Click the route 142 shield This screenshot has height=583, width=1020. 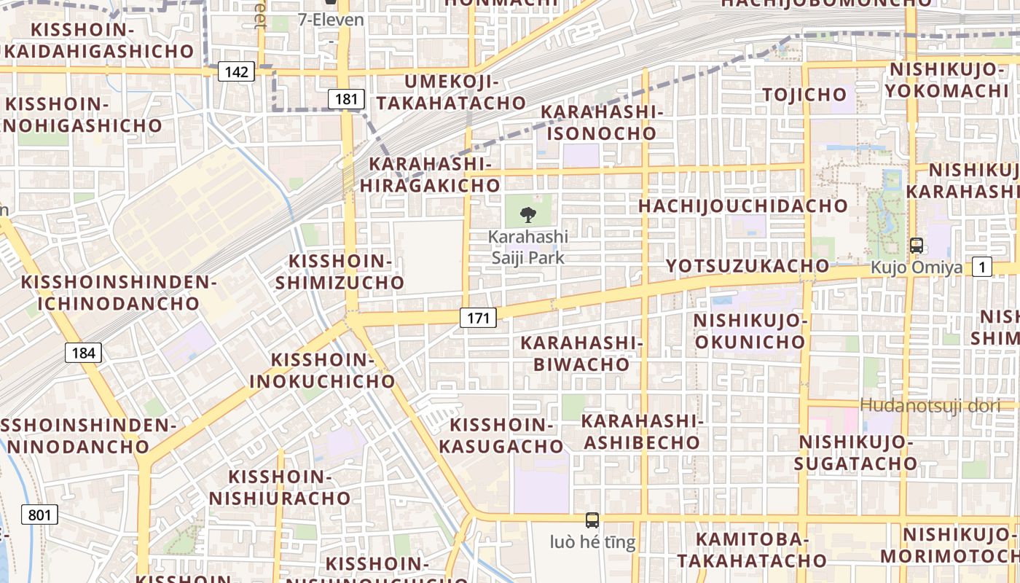(237, 71)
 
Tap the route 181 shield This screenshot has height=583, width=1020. (345, 99)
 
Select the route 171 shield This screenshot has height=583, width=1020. (478, 317)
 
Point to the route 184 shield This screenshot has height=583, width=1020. (84, 353)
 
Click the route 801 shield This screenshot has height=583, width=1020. (39, 515)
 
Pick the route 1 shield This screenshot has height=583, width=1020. (983, 267)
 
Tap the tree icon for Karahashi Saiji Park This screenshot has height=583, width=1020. (528, 214)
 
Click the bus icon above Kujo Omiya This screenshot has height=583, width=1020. (917, 246)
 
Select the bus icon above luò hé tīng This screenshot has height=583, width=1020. (592, 520)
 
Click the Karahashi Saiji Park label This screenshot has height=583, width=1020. (528, 247)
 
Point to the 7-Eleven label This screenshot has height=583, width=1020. (331, 20)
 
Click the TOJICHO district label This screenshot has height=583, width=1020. (804, 94)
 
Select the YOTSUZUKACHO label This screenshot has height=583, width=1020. (748, 266)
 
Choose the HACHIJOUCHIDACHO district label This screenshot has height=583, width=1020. (743, 206)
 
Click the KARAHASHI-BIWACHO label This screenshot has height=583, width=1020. (581, 353)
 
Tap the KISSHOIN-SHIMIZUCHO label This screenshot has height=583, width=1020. (340, 272)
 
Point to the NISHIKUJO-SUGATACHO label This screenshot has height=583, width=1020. (855, 453)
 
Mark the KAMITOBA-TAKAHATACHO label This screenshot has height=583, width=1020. (752, 549)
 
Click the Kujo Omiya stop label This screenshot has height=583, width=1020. (917, 267)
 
